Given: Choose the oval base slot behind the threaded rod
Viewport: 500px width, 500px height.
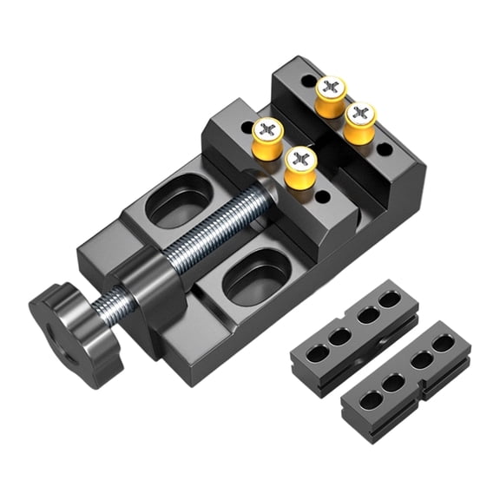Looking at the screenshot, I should pos(178,199).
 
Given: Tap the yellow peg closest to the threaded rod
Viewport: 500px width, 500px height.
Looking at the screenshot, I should pos(300,166).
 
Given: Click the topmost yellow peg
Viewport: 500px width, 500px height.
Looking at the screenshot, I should pos(330,95).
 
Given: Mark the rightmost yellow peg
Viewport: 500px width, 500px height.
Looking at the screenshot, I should pos(359,122).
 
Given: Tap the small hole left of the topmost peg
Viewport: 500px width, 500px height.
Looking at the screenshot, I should pos(308,80).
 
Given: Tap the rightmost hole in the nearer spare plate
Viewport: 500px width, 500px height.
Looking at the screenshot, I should pos(391,299).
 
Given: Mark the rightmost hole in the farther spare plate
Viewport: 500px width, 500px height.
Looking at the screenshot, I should pos(444,344).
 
